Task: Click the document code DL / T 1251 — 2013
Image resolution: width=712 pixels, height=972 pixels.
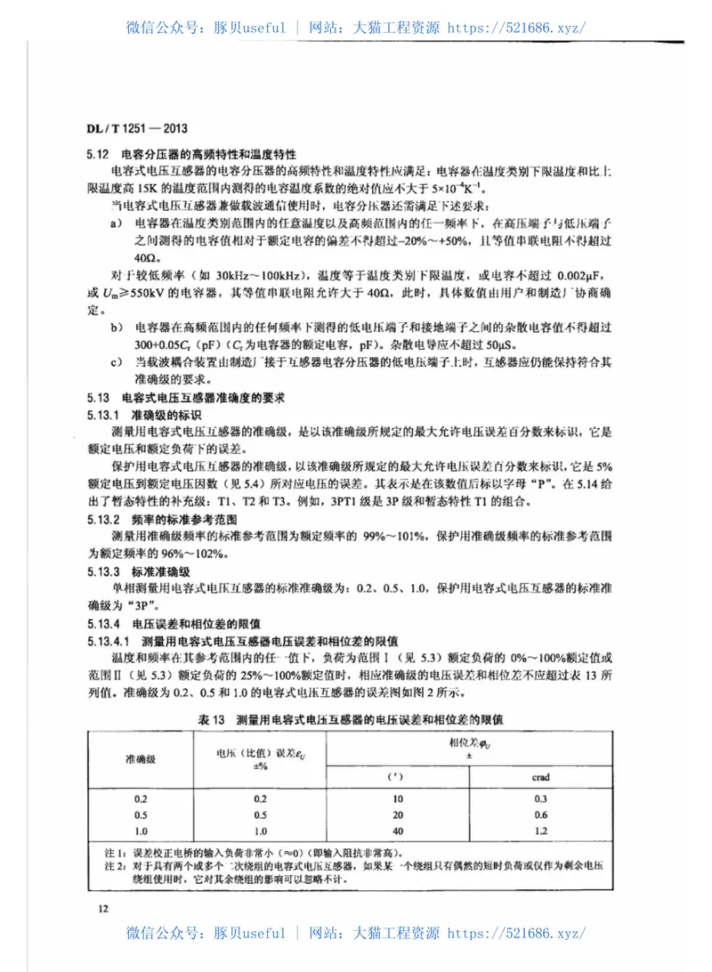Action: tap(137, 127)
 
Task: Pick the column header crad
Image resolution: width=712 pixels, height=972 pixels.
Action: tap(540, 777)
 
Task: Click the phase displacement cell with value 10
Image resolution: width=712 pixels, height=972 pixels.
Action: tap(398, 798)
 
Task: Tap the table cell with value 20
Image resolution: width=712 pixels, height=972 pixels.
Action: tap(398, 814)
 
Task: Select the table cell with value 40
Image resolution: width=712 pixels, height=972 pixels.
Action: tap(398, 830)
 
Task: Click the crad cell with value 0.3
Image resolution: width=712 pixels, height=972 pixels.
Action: tap(540, 798)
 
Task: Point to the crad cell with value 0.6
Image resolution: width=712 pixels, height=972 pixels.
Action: tap(540, 814)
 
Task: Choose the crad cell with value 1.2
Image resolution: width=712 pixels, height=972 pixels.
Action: tap(540, 830)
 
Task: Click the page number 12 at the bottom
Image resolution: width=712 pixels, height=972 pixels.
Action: tap(103, 908)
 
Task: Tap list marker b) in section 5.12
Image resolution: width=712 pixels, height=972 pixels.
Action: tap(116, 328)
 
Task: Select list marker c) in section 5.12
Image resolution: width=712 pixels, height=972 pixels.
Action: tap(116, 362)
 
